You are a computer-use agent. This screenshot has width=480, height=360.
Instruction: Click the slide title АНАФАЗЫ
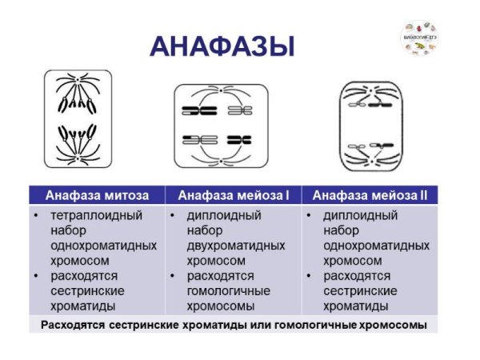(222, 46)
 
